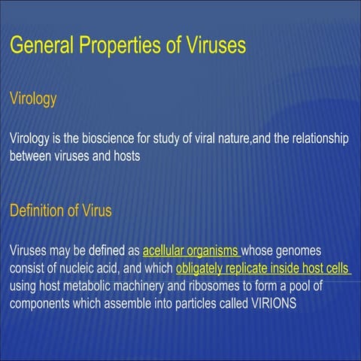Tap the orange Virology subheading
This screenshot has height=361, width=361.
pos(33,99)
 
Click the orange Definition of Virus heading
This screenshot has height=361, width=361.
pos(60,211)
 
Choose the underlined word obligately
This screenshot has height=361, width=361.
pos(202,268)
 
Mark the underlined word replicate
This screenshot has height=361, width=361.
pos(256,268)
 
